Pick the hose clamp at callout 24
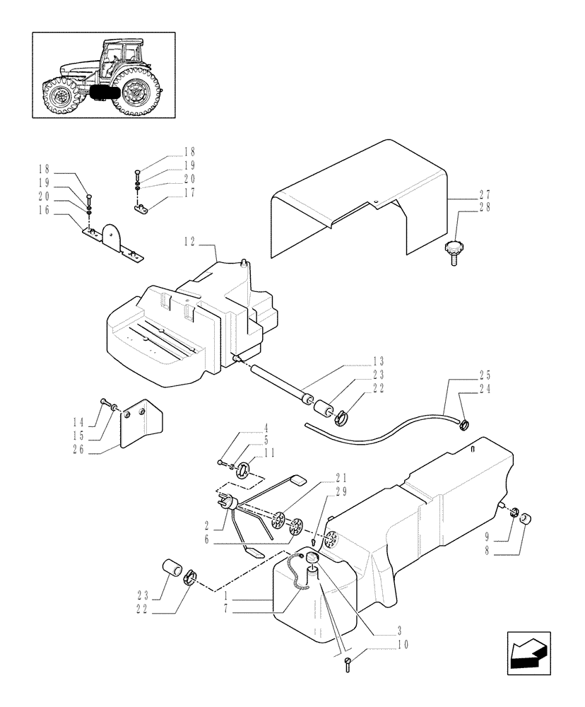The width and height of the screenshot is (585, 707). tap(463, 424)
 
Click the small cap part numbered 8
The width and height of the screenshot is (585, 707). tap(526, 521)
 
